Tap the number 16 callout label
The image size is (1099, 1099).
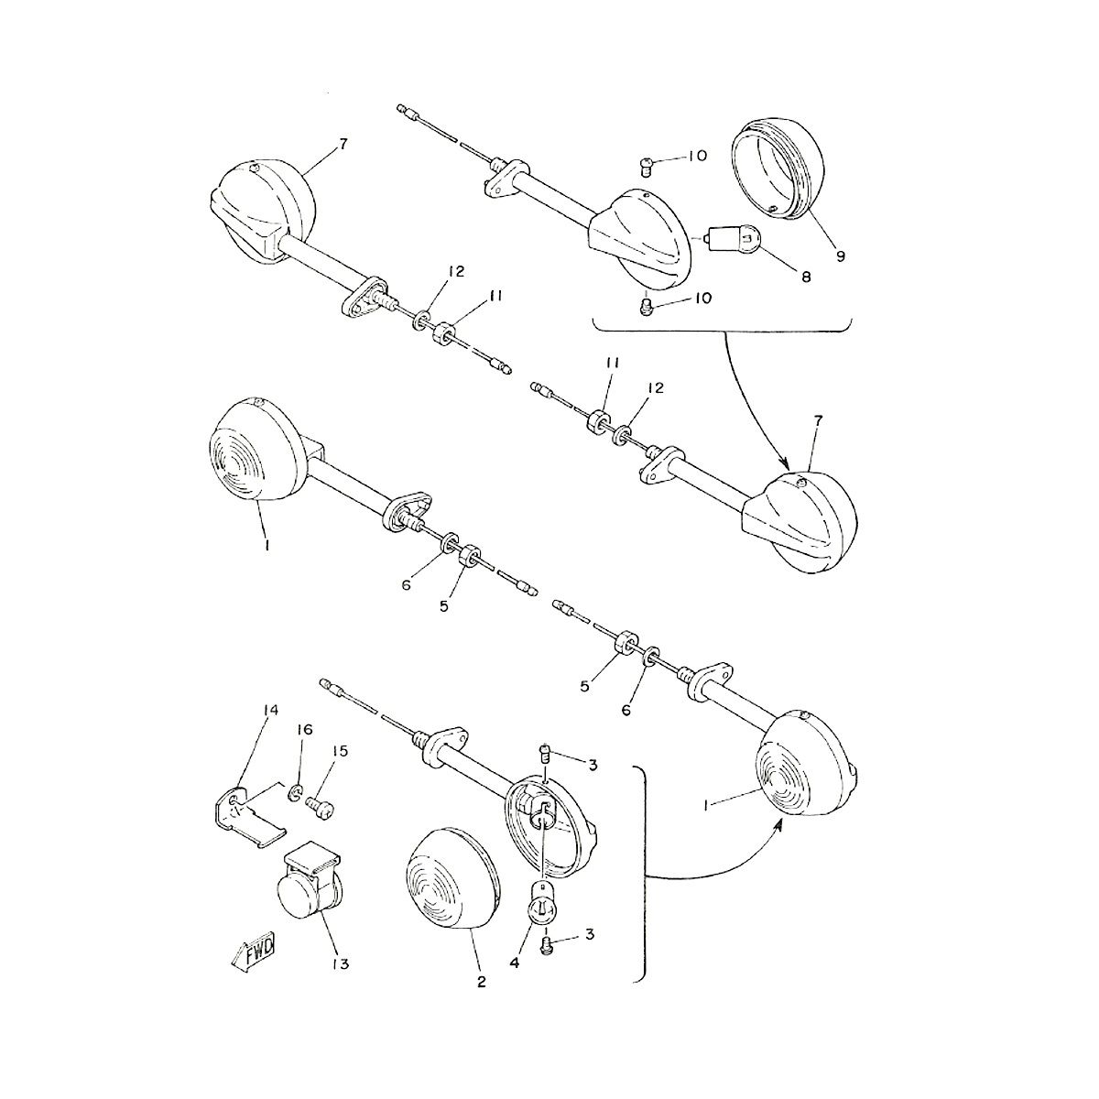pyautogui.click(x=305, y=730)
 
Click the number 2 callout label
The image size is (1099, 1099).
pyautogui.click(x=481, y=983)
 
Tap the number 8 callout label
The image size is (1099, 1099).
pyautogui.click(x=805, y=277)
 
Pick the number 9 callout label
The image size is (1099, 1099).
pyautogui.click(x=840, y=256)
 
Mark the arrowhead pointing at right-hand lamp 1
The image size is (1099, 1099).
pyautogui.click(x=778, y=822)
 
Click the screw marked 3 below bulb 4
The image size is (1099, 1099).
pyautogui.click(x=548, y=944)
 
